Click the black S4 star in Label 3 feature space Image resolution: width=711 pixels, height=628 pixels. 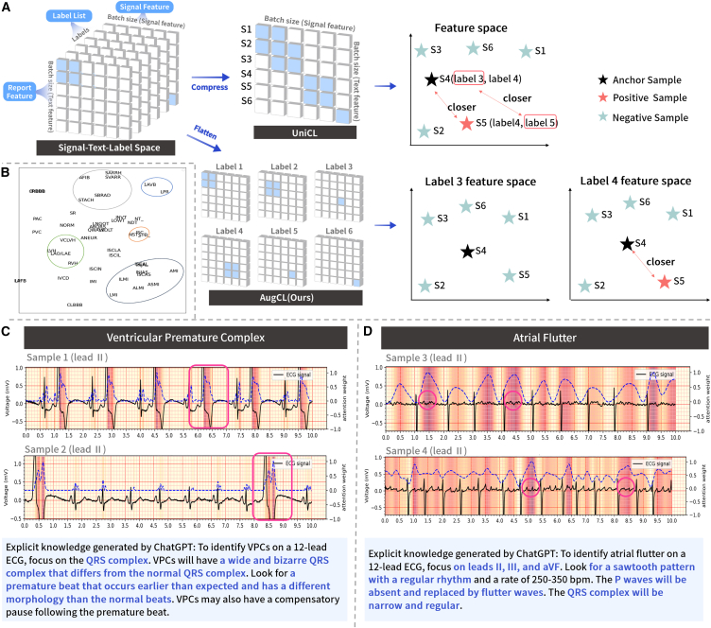tap(466, 252)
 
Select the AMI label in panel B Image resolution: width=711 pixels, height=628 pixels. tap(174, 271)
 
